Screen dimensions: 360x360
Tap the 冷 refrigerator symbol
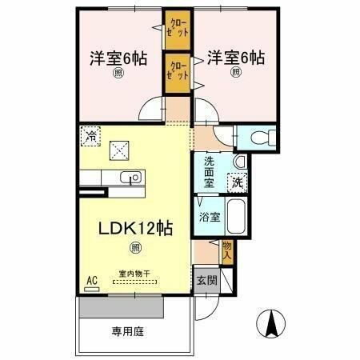point(92,136)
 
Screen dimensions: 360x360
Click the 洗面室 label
point(208,171)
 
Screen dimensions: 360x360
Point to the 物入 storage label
point(226,251)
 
